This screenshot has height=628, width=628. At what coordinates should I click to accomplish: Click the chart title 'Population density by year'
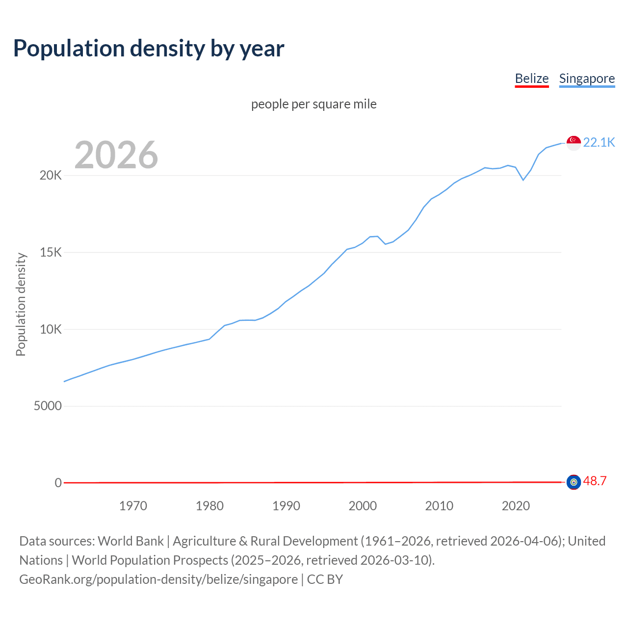[149, 49]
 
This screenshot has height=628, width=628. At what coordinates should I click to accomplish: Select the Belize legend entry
[531, 78]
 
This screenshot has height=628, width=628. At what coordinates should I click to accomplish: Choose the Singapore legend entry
[587, 78]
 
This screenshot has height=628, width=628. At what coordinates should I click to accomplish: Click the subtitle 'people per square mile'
[314, 104]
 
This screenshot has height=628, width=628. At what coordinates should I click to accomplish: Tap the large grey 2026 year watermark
[116, 155]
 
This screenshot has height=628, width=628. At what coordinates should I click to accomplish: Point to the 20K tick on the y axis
[51, 176]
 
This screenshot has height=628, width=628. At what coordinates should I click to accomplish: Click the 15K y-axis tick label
[51, 253]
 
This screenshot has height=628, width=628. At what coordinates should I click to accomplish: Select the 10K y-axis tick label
[51, 329]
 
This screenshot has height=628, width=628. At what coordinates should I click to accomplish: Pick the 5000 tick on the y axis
[48, 406]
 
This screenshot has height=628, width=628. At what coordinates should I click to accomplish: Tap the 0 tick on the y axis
[58, 483]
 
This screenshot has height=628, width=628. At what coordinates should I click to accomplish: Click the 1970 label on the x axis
[133, 506]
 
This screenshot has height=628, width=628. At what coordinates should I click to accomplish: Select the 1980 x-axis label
[209, 506]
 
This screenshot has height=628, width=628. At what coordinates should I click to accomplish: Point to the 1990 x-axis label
[286, 506]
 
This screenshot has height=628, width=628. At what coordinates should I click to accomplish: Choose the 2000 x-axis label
[363, 506]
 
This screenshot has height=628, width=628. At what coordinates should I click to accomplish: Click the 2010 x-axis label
[439, 506]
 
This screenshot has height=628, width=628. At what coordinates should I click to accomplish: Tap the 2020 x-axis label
[516, 506]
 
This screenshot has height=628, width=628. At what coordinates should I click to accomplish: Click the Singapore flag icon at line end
[574, 143]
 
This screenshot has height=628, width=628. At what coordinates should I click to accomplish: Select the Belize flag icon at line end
[574, 482]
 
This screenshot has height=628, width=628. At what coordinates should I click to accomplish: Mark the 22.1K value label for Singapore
[599, 142]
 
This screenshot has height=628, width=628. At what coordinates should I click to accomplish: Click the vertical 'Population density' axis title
[21, 304]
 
